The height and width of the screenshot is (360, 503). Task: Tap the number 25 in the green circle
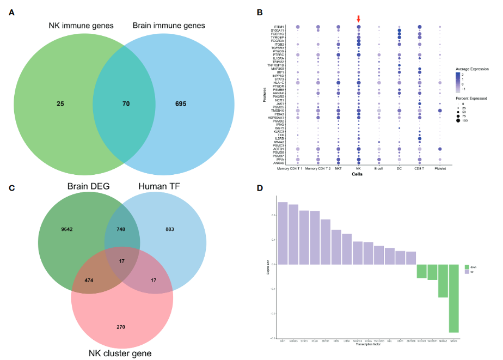[60, 102]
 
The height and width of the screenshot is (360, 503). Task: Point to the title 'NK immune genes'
[81, 26]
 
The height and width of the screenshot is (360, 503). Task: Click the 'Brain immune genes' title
[169, 26]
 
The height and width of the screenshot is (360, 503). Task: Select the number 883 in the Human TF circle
[171, 230]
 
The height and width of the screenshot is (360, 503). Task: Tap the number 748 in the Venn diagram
[121, 230]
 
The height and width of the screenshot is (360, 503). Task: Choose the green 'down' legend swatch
[467, 267]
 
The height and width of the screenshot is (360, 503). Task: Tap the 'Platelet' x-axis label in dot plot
[440, 169]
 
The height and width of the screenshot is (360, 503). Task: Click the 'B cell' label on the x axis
[379, 169]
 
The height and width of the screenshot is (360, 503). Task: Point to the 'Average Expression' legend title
[473, 69]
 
